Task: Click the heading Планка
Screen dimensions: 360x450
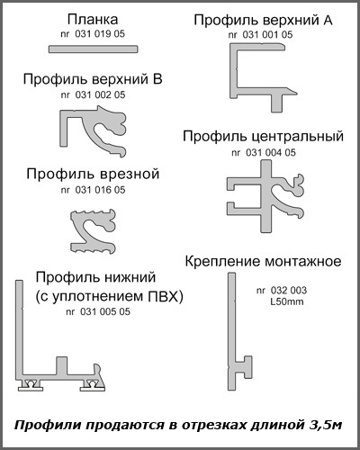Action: tap(93, 20)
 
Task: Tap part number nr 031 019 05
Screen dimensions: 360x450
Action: tap(93, 34)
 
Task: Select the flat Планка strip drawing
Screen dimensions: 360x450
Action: tap(94, 49)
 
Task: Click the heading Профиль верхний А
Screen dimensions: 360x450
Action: tap(263, 20)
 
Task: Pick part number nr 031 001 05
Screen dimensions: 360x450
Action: tap(260, 35)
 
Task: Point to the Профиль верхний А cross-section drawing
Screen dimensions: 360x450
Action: tap(237, 72)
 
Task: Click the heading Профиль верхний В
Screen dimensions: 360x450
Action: tap(93, 79)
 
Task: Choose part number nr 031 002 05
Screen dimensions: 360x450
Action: tap(93, 95)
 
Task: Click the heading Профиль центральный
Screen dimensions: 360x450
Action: tap(263, 137)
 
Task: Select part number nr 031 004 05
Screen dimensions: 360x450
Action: tap(264, 153)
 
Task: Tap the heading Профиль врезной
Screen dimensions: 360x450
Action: tap(93, 175)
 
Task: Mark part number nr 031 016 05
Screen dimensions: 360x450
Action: tap(93, 190)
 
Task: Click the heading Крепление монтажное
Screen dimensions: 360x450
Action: tap(263, 261)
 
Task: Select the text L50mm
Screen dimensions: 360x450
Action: tap(287, 301)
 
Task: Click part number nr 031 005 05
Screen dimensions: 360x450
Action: tap(98, 311)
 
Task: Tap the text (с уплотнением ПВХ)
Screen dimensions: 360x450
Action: tap(109, 297)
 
